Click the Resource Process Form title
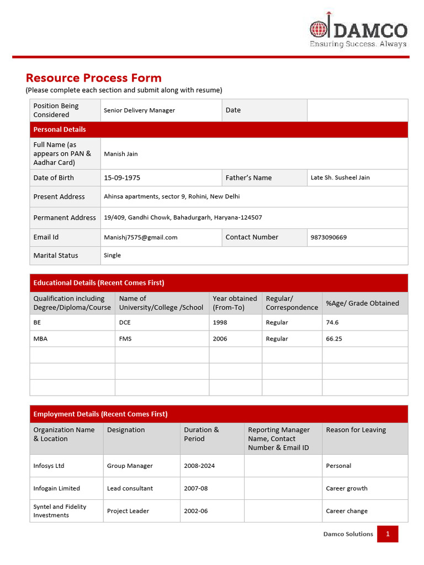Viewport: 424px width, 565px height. coord(94,78)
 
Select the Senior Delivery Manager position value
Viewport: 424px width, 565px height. coord(139,110)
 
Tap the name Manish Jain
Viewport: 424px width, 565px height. coord(121,154)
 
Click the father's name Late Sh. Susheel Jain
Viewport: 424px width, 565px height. coord(340,178)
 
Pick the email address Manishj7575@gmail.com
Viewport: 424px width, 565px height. coord(141,237)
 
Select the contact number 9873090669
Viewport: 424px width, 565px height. coord(328,237)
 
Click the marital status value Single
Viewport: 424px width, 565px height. coord(112,255)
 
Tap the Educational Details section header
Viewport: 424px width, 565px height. coord(99,282)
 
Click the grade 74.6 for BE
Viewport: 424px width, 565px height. coord(332,322)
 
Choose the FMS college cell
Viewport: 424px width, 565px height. coord(125,339)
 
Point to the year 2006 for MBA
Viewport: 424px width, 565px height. coord(220,339)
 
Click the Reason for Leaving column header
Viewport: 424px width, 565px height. coord(356,430)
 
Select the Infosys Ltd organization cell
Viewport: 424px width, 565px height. coord(49,466)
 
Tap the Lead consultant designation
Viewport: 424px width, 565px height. coord(130,488)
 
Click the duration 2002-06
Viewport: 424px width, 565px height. coord(196,511)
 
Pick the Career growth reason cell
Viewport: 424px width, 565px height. coord(347,488)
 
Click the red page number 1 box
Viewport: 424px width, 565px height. coord(388,534)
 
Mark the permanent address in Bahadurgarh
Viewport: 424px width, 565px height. coord(183,217)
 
